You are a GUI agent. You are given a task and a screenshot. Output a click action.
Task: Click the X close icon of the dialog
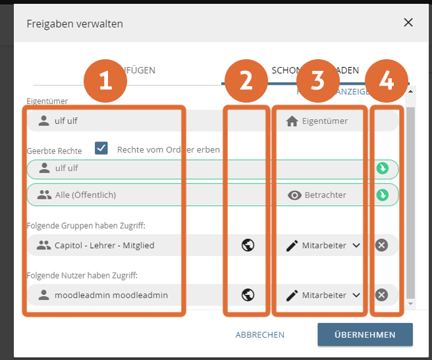(x=408, y=22)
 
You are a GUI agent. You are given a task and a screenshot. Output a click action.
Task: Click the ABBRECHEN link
(x=260, y=334)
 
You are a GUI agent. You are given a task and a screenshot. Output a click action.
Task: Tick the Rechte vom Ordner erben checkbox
(x=101, y=149)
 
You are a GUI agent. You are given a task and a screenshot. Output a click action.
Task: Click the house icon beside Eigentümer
(x=292, y=120)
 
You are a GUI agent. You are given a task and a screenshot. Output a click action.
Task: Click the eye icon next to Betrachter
(x=294, y=195)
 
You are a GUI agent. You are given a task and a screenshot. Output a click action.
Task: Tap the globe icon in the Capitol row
(x=248, y=245)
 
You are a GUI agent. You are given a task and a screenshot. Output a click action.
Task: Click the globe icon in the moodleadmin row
(x=248, y=295)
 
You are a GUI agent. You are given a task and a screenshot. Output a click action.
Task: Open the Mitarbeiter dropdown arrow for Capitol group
(x=356, y=245)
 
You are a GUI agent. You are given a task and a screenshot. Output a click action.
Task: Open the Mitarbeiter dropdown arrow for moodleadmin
(x=356, y=296)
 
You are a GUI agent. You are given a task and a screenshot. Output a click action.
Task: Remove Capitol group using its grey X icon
(x=382, y=245)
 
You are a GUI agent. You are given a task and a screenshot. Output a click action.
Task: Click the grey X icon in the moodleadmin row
(x=382, y=295)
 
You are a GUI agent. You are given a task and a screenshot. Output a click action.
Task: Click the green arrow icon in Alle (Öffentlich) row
(x=382, y=195)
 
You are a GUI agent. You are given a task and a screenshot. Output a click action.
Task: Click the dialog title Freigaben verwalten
(x=74, y=23)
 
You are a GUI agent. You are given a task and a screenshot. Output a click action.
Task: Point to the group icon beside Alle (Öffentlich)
(x=44, y=195)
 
